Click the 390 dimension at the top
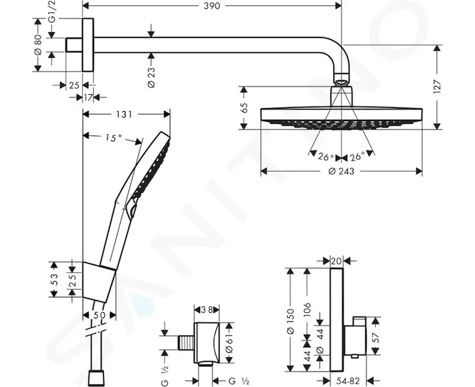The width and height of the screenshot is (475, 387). [212, 6]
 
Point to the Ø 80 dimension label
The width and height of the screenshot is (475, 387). [38, 45]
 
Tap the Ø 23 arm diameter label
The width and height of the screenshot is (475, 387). [151, 77]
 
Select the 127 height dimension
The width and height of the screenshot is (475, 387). [437, 87]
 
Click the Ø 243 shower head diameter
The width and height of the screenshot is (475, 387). [341, 172]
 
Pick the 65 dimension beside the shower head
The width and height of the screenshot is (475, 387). [245, 108]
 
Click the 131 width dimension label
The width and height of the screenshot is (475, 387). [125, 114]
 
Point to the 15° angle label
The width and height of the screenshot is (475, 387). [114, 138]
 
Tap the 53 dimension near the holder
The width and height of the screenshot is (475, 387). [54, 279]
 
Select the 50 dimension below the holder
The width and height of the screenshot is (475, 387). [99, 315]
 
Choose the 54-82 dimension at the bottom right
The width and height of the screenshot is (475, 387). [347, 381]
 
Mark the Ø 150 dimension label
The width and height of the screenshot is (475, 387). [290, 321]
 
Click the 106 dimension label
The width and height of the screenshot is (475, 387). [307, 310]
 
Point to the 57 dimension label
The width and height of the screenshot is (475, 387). [376, 337]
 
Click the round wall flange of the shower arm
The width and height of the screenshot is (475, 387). [88, 45]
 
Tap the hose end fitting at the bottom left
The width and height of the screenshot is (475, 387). [96, 378]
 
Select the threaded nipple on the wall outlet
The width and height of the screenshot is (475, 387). [186, 342]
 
